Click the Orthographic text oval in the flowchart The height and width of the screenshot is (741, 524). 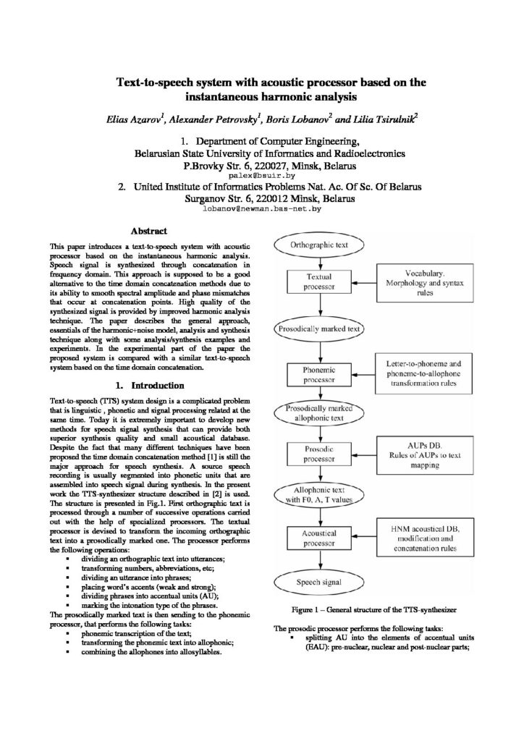(319, 245)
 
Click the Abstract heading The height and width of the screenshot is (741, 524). (148, 232)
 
